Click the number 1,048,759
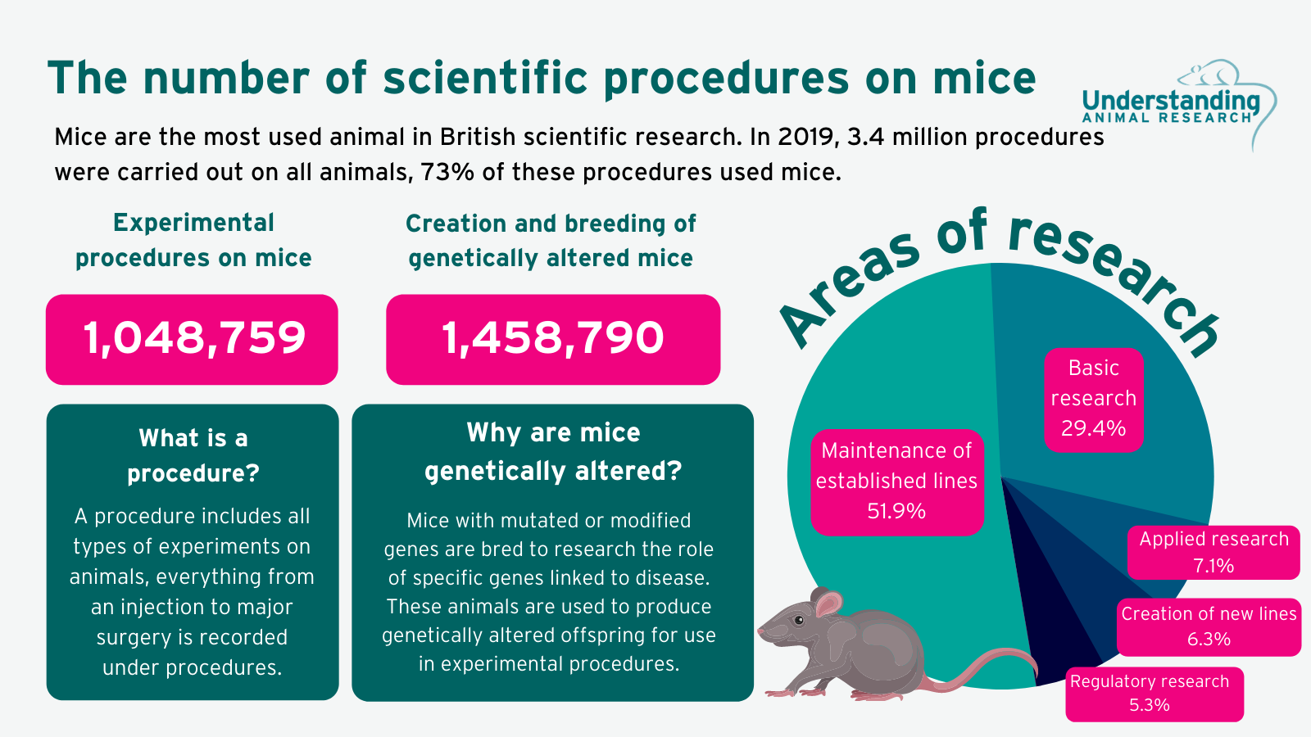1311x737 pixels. pos(193,338)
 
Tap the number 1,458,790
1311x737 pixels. pos(553,338)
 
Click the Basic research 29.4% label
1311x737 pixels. pos(1093,399)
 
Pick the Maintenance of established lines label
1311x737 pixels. pos(896,481)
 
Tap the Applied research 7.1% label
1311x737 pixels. pos(1213,552)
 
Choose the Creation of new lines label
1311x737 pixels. pos(1209,626)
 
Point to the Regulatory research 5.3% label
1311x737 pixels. pos(1150,693)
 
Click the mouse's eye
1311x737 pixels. pos(799,620)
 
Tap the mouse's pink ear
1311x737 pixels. pos(828,605)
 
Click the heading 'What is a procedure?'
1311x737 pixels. pos(193,455)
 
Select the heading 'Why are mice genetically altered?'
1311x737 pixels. pos(553,451)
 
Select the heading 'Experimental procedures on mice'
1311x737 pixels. pos(193,240)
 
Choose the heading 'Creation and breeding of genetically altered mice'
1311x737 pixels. pos(551,241)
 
